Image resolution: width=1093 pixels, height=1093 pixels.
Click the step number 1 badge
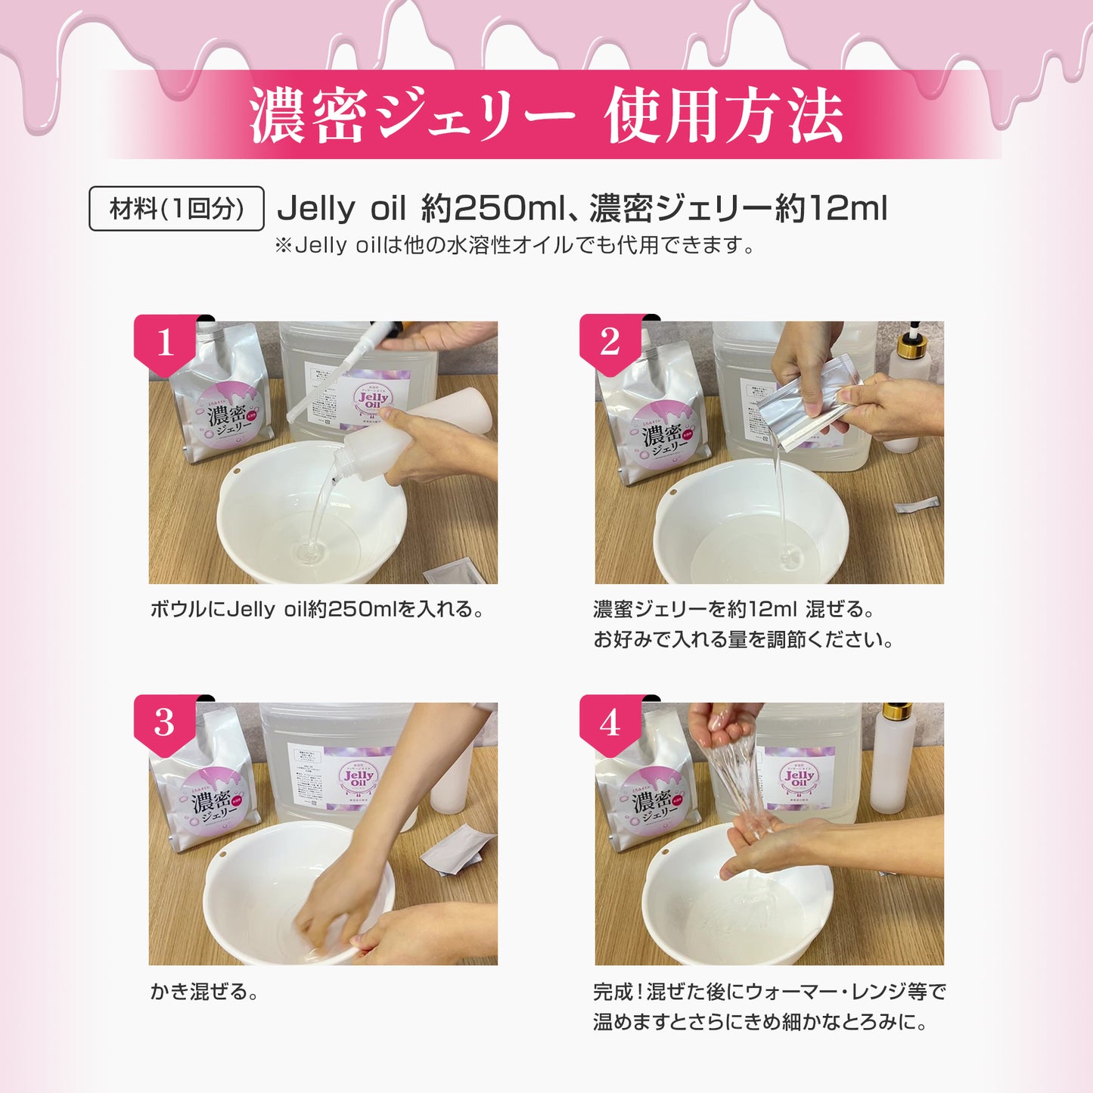(165, 343)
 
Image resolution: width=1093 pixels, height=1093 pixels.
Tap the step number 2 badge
(610, 343)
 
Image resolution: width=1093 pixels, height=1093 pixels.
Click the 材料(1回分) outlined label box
(176, 209)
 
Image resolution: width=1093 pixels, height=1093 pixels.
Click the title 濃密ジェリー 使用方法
(546, 116)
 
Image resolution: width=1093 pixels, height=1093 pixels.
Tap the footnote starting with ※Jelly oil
(514, 246)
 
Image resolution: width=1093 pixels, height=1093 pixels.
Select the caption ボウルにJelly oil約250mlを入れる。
(318, 610)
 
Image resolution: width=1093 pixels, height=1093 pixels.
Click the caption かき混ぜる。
(204, 992)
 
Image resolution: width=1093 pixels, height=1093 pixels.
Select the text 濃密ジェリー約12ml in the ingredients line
(737, 209)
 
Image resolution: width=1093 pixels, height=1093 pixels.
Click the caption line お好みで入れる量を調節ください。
(744, 640)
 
